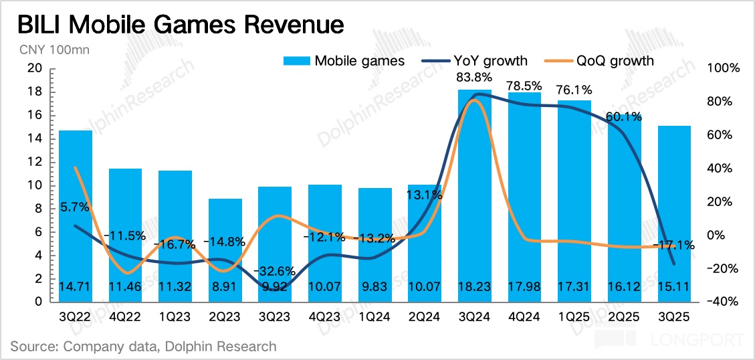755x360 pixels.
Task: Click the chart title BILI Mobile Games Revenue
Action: pyautogui.click(x=180, y=25)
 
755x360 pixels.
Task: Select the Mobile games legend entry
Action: pyautogui.click(x=344, y=61)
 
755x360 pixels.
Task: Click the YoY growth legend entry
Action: pyautogui.click(x=474, y=61)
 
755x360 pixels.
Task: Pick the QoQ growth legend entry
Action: pyautogui.click(x=601, y=61)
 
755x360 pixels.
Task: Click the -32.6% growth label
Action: pyautogui.click(x=274, y=272)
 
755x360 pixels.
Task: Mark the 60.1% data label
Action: pyautogui.click(x=623, y=116)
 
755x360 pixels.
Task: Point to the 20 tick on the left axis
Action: pyautogui.click(x=35, y=68)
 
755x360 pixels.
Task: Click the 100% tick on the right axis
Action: pyautogui.click(x=723, y=68)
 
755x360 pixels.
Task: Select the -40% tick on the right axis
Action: pyautogui.click(x=723, y=302)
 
